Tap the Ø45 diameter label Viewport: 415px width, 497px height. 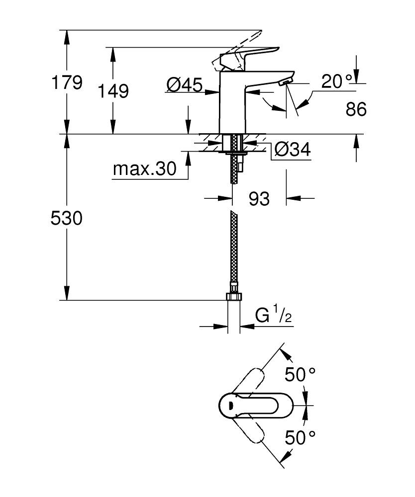[x=184, y=86]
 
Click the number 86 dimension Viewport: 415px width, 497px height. [x=356, y=109]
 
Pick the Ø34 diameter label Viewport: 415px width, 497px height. [x=293, y=149]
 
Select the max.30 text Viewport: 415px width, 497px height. [x=144, y=169]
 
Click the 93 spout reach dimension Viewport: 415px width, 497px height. [x=259, y=199]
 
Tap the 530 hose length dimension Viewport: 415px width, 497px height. [x=67, y=218]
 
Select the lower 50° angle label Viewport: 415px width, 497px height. [x=301, y=437]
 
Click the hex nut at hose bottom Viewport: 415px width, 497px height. [x=233, y=297]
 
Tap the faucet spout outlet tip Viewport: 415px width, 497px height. [x=288, y=83]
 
